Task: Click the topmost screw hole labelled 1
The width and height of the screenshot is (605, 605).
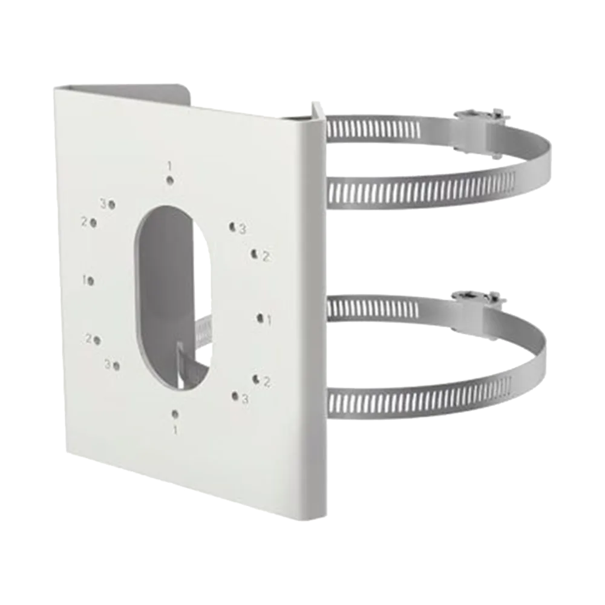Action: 169,180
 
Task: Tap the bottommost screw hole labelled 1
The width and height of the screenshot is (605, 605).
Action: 175,414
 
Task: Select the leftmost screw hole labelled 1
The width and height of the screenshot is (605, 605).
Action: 91,281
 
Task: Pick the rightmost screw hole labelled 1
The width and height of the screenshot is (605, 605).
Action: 260,318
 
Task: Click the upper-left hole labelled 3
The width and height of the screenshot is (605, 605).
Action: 112,205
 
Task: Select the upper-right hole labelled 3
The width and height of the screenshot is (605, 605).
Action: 232,227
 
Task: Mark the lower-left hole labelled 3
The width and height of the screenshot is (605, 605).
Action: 117,365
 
